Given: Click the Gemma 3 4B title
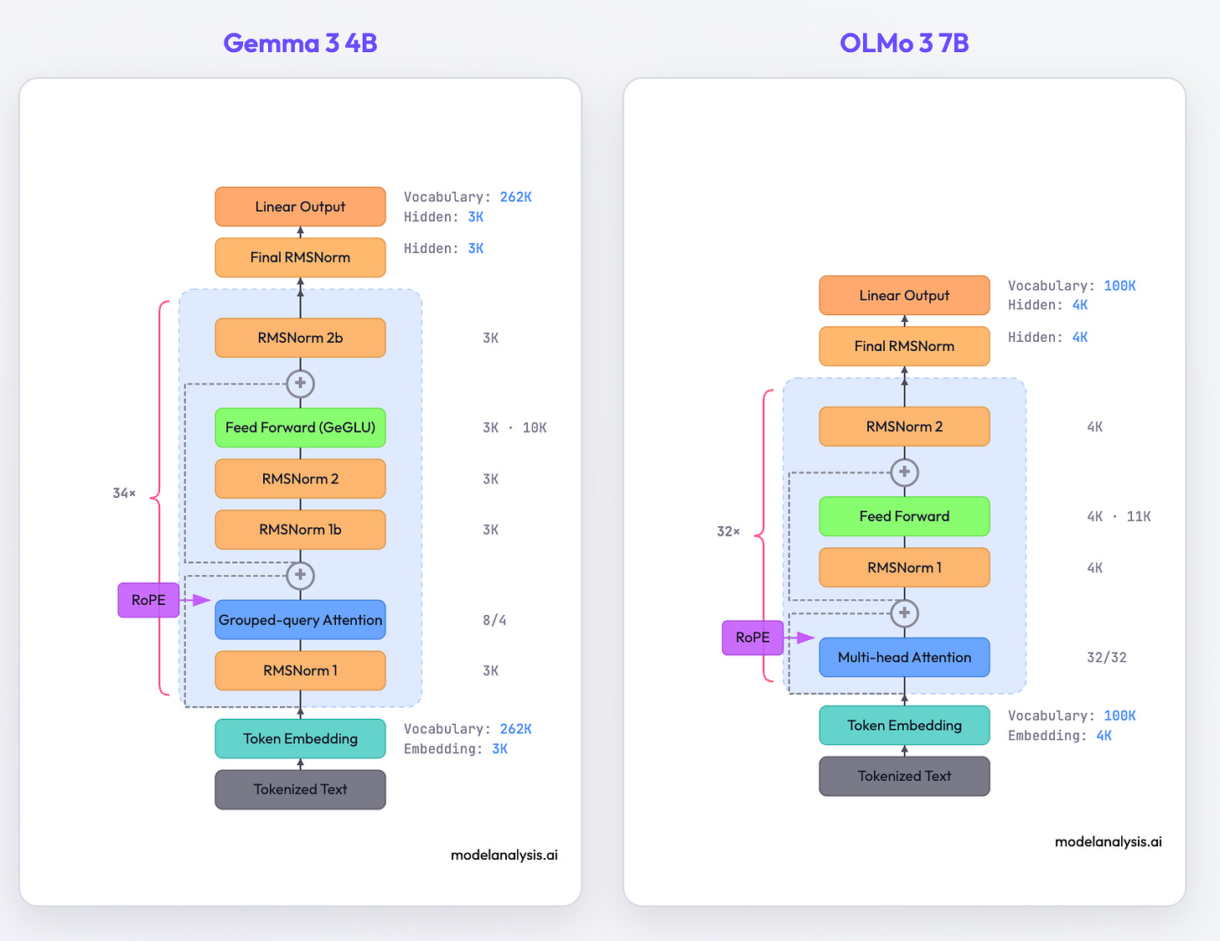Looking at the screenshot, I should click(300, 43).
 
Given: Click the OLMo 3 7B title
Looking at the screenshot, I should click(904, 43).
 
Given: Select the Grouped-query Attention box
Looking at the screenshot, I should click(300, 620).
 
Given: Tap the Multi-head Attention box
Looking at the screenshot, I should click(904, 658).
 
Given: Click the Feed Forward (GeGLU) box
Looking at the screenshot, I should click(300, 427).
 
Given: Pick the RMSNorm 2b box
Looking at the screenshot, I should click(300, 338).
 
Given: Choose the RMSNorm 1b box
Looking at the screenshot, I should click(300, 530).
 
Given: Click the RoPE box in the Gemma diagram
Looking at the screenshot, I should click(148, 600).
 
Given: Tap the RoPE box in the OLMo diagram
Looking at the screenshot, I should click(752, 638).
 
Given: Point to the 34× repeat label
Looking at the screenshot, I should click(124, 494).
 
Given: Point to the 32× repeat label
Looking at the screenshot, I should click(728, 531).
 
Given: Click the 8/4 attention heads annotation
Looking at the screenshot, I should click(494, 620).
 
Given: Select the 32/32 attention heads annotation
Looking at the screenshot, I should click(1106, 658).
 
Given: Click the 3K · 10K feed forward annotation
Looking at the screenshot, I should click(514, 427).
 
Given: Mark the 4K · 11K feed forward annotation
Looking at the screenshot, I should click(1119, 516).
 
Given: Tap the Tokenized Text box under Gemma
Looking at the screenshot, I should click(300, 789).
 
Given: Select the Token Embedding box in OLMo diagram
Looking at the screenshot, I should click(904, 726).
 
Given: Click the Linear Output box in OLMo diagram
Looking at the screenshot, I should click(904, 296).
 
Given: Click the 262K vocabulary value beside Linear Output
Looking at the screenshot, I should click(515, 197).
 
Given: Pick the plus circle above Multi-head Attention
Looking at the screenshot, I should click(904, 613).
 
